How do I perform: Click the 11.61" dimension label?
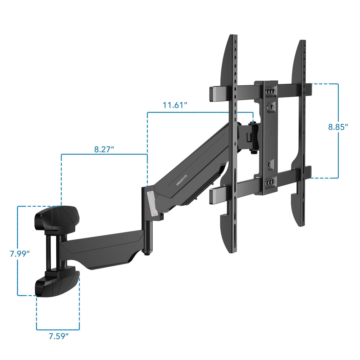click(175, 105)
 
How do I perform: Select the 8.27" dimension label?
click(104, 149)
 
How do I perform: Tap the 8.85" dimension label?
click(338, 127)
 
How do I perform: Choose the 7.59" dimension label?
click(59, 336)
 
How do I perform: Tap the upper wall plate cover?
click(57, 218)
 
